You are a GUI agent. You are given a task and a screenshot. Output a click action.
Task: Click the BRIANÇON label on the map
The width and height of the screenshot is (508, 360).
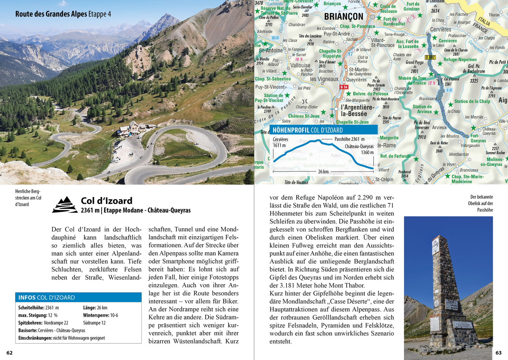[x=343, y=17]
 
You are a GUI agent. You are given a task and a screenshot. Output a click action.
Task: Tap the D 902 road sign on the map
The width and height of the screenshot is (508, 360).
[x=430, y=57]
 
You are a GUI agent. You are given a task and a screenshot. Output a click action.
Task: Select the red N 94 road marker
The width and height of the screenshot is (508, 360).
[x=343, y=87]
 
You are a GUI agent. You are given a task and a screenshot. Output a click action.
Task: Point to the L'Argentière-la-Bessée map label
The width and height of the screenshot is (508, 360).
[x=357, y=110]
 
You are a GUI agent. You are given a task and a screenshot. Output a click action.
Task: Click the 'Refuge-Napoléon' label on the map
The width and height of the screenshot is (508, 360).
[x=460, y=60]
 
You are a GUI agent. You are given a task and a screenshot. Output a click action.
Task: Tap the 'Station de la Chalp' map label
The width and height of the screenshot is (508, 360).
[x=472, y=102]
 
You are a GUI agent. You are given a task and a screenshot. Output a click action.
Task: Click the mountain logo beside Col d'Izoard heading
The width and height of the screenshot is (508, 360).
[x=65, y=205]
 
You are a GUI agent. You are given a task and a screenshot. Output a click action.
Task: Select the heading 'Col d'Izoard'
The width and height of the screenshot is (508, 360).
[x=107, y=201]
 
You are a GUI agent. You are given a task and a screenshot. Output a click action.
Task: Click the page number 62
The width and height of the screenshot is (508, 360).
[x=9, y=353]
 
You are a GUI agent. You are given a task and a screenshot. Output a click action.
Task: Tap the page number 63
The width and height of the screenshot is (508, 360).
[x=499, y=353]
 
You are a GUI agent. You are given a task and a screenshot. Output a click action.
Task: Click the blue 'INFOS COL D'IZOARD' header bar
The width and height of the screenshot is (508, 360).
[x=78, y=297]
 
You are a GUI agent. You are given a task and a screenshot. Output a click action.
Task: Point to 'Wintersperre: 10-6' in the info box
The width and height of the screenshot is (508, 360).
[x=101, y=315]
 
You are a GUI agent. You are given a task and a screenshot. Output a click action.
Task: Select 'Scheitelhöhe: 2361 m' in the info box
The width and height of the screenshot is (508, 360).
[x=38, y=308]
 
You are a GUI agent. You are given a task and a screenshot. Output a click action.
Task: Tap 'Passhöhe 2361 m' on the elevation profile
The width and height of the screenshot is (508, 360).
[x=349, y=139]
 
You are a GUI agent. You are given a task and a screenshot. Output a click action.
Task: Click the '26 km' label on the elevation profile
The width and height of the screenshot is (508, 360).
[x=323, y=172]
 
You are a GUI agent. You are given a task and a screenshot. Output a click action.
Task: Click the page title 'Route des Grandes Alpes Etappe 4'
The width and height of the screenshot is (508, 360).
[x=63, y=14]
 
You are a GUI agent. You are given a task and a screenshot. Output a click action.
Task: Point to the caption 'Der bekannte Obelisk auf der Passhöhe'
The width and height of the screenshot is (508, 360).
[x=481, y=203]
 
